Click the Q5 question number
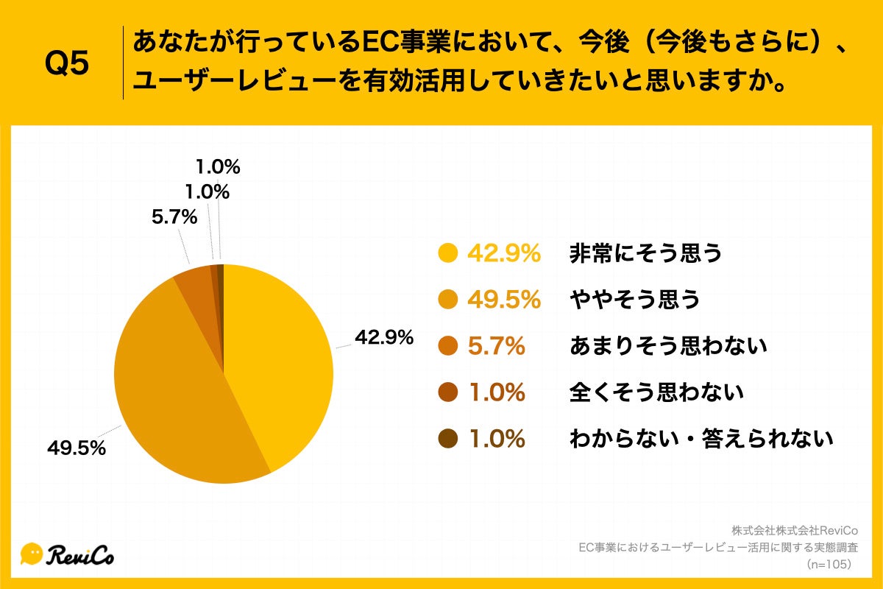(67, 65)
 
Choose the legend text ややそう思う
(634, 300)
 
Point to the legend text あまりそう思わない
(668, 346)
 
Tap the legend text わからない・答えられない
(701, 439)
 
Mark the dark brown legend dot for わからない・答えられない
(447, 439)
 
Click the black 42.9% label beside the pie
(384, 337)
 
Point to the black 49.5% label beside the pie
(77, 448)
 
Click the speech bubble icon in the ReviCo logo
(32, 554)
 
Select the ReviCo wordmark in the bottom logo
(81, 554)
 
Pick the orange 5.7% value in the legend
(497, 346)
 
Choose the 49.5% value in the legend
(504, 300)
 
